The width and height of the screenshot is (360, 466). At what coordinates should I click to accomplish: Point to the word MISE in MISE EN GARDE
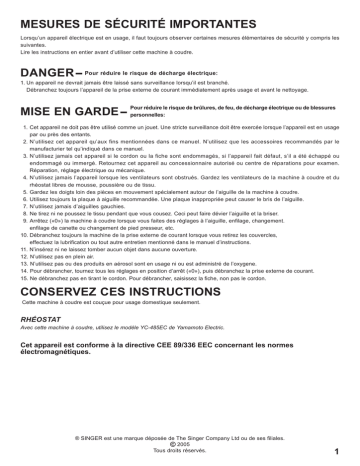pos(36,111)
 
